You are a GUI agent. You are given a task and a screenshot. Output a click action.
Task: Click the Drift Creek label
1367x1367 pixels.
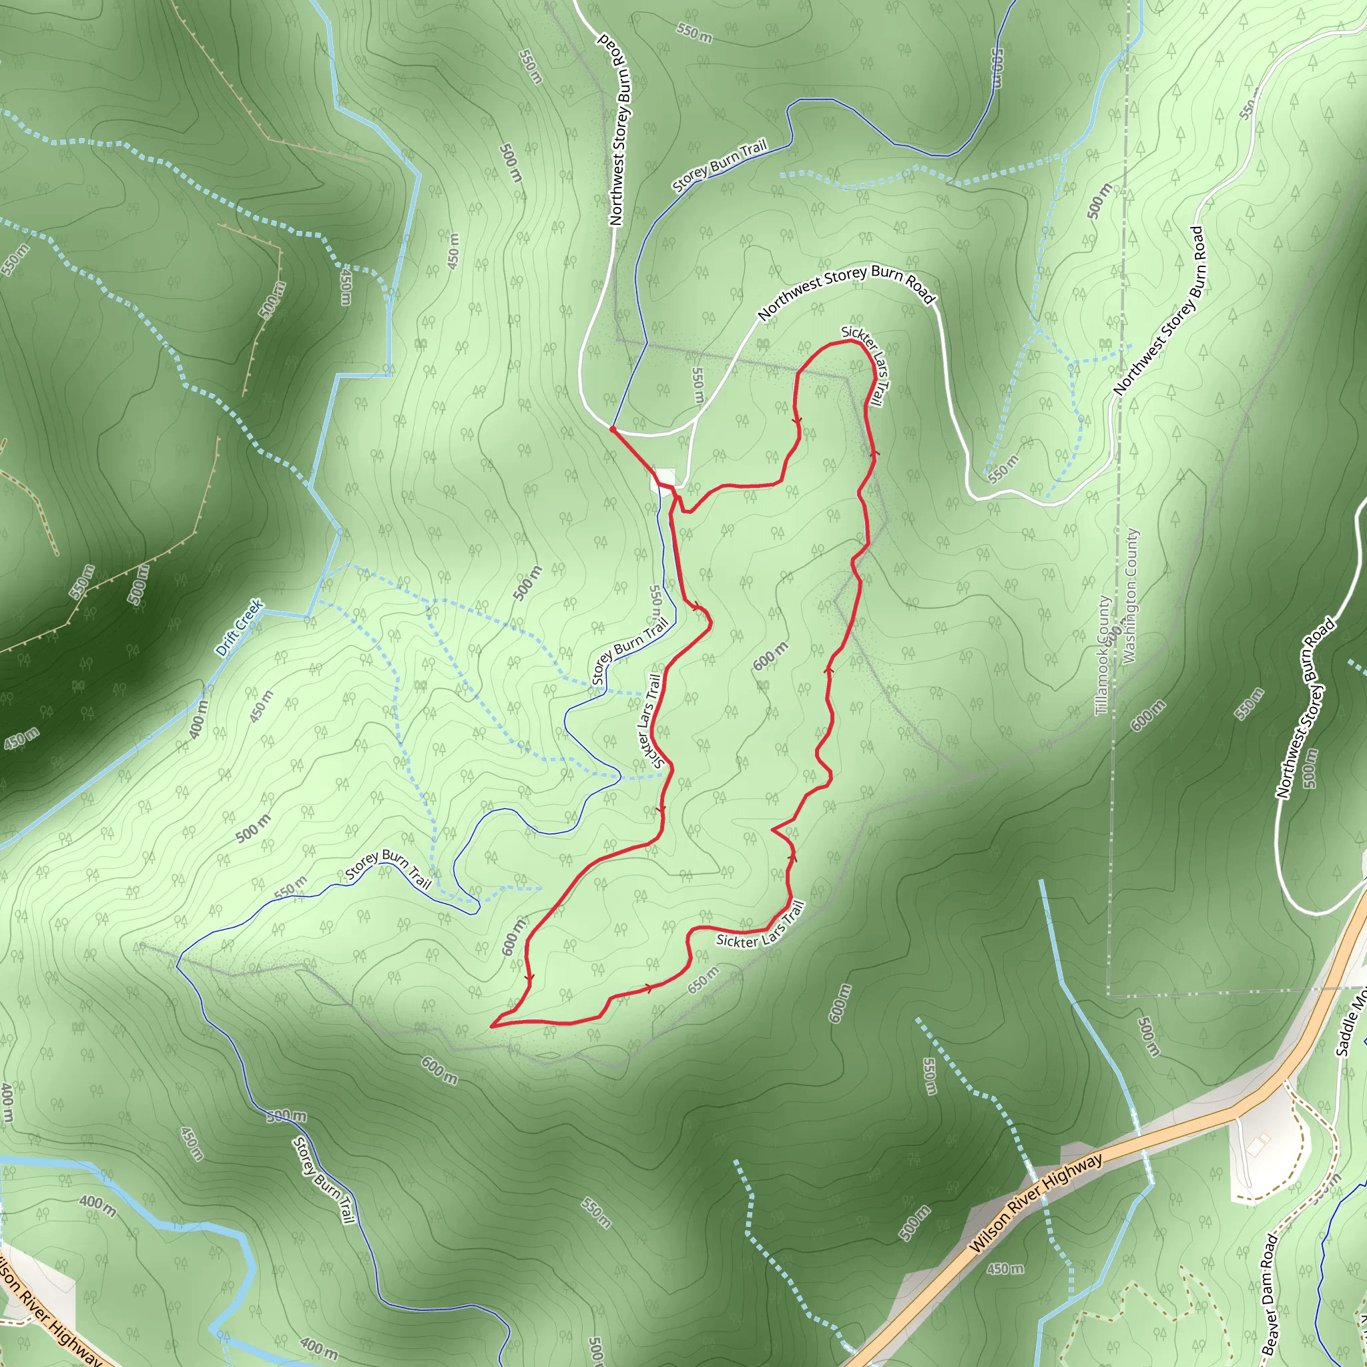click(x=239, y=627)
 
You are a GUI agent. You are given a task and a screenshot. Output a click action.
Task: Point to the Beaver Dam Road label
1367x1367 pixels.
click(x=1270, y=1295)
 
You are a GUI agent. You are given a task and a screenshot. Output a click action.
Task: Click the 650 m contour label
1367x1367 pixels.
click(x=703, y=980)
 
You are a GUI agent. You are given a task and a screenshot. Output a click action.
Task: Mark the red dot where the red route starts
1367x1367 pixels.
click(x=612, y=429)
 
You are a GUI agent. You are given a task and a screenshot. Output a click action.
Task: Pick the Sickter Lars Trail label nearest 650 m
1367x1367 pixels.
click(x=761, y=928)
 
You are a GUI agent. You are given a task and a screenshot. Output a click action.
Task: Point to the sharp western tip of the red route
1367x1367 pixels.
click(x=491, y=1025)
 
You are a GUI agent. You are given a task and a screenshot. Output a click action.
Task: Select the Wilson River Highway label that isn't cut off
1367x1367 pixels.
click(x=1036, y=1203)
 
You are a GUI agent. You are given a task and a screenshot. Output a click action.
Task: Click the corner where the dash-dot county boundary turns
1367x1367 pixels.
click(x=1108, y=997)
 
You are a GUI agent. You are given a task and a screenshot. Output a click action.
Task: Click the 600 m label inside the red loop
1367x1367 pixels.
click(x=770, y=656)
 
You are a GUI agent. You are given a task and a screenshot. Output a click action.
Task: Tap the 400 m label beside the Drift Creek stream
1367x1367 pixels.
click(x=199, y=719)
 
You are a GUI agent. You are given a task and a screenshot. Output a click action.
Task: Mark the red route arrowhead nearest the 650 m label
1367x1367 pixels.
click(x=648, y=988)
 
